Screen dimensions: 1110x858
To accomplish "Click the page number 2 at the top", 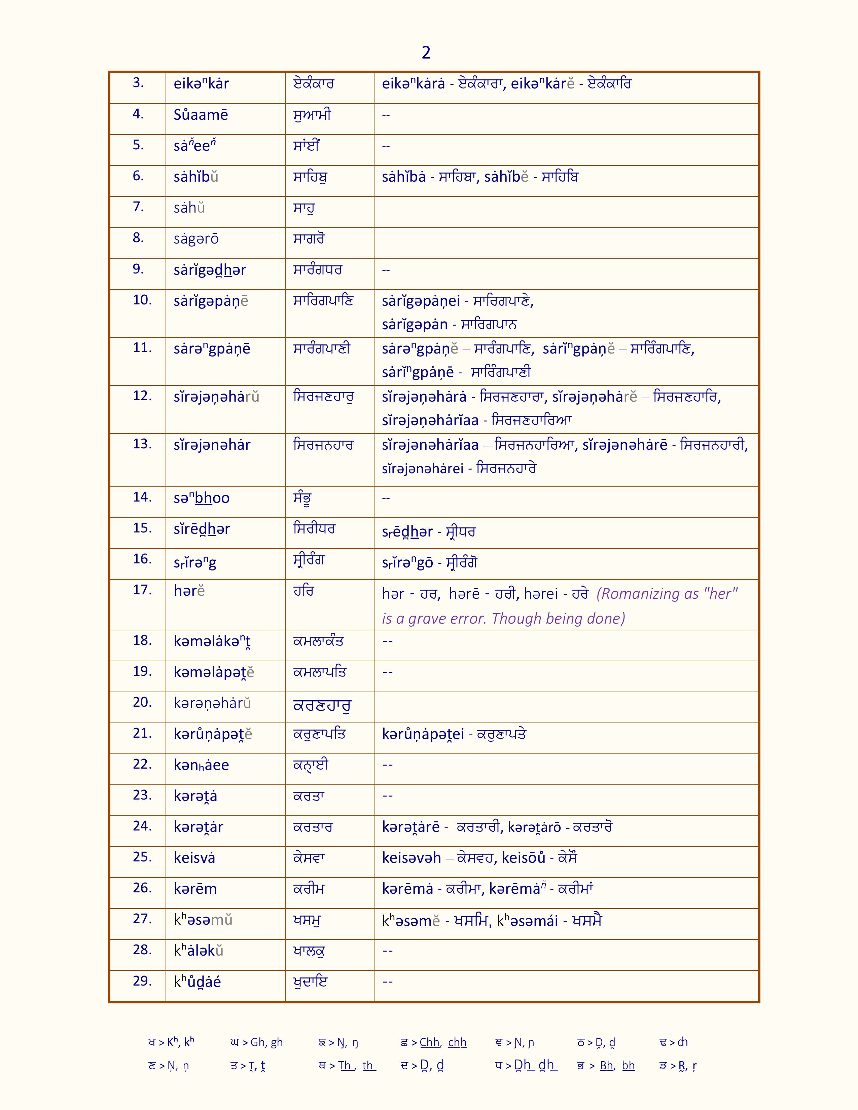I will [x=426, y=52].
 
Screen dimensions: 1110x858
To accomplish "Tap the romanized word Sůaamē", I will [x=201, y=115].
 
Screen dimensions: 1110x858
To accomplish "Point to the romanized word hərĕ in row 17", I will [x=189, y=591].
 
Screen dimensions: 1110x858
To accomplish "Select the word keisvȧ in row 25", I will [x=194, y=858].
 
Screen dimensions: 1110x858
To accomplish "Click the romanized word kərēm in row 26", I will [x=195, y=889].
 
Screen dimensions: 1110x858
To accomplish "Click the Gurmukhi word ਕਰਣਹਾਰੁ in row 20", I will [x=322, y=705].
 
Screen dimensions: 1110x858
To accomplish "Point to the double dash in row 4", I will [x=386, y=115].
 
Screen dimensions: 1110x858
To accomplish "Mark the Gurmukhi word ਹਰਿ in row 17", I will [x=303, y=591].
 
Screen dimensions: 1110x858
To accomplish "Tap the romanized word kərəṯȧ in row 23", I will [x=195, y=796].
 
